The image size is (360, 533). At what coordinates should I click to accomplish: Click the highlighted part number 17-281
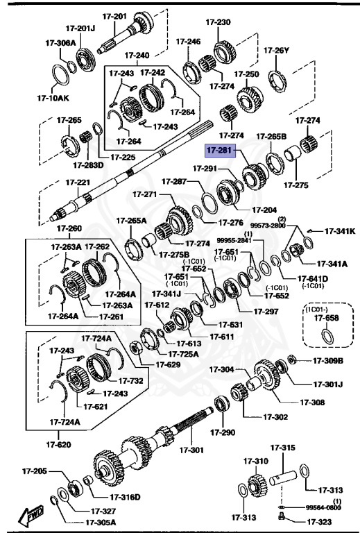click(x=221, y=149)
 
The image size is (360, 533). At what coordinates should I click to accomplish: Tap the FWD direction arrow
click(x=32, y=516)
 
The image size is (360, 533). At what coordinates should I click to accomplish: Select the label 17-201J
click(x=80, y=28)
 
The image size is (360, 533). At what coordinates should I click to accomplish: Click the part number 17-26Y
click(x=276, y=50)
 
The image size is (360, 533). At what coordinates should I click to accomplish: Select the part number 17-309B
click(x=327, y=360)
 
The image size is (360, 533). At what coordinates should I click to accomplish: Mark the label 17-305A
click(x=101, y=522)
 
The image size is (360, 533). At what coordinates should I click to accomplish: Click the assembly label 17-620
click(x=58, y=443)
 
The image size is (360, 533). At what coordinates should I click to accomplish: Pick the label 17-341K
click(x=340, y=230)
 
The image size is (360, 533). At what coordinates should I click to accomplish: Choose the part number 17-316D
click(x=125, y=496)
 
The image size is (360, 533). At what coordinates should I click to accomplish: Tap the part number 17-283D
click(x=88, y=165)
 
